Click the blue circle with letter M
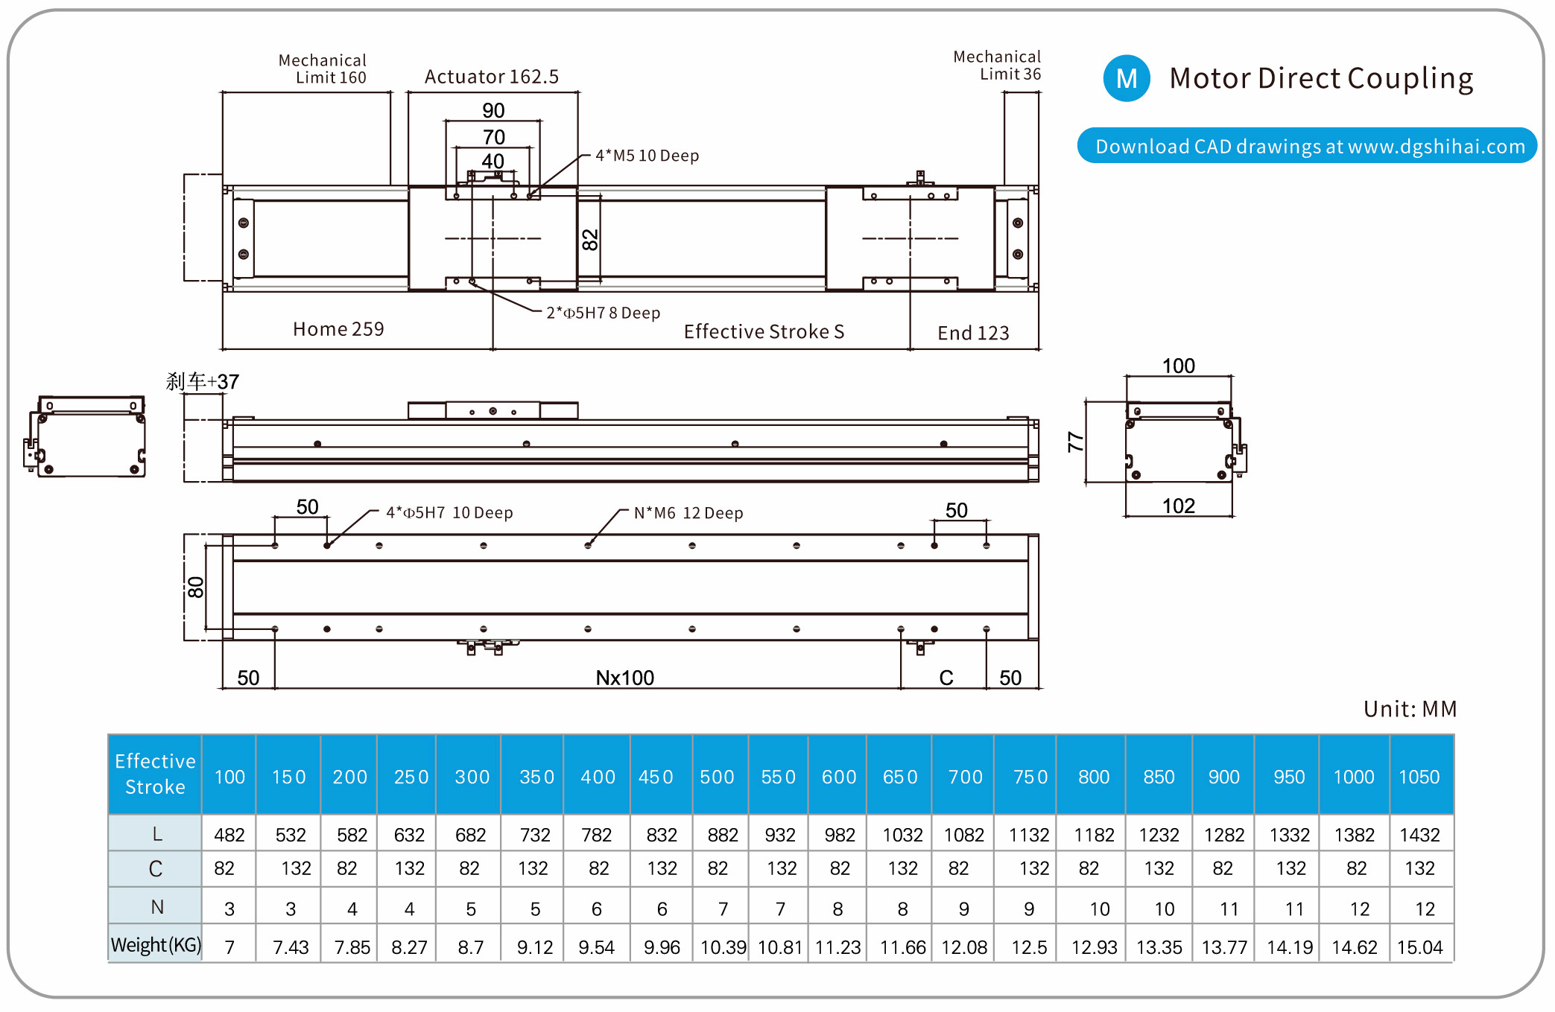(1127, 78)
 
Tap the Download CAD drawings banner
(1308, 146)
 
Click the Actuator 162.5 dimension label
(492, 77)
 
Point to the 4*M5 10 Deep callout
(647, 156)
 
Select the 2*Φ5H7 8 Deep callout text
(603, 313)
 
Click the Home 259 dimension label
(338, 329)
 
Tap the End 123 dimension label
(973, 333)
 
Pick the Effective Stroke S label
(764, 331)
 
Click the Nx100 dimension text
(624, 678)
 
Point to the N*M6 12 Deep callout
(688, 513)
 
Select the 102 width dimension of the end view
(1178, 506)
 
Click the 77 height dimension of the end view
(1075, 442)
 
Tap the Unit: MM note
(1410, 709)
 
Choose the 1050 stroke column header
(1419, 777)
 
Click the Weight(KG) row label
(156, 945)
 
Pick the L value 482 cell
(229, 835)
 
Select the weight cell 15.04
(1419, 947)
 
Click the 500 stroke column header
(717, 777)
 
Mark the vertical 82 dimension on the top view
(589, 240)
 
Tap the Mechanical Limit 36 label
(997, 66)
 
